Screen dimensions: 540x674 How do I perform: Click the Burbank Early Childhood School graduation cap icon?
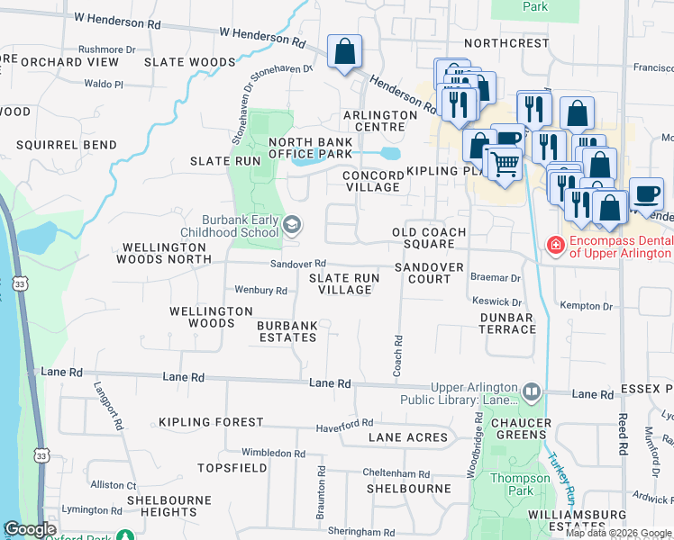tap(292, 224)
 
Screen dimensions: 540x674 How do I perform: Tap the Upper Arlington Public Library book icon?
tap(532, 392)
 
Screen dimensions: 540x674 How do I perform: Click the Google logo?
tap(31, 529)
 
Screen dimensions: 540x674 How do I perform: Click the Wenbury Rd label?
tap(260, 291)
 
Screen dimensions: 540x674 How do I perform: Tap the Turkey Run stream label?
tap(564, 477)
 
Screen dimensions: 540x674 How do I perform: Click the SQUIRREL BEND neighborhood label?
tap(66, 145)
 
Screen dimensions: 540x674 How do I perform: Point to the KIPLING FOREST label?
tap(211, 421)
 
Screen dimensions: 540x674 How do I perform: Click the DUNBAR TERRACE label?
tap(507, 323)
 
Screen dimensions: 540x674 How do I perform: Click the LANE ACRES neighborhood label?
tap(408, 437)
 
